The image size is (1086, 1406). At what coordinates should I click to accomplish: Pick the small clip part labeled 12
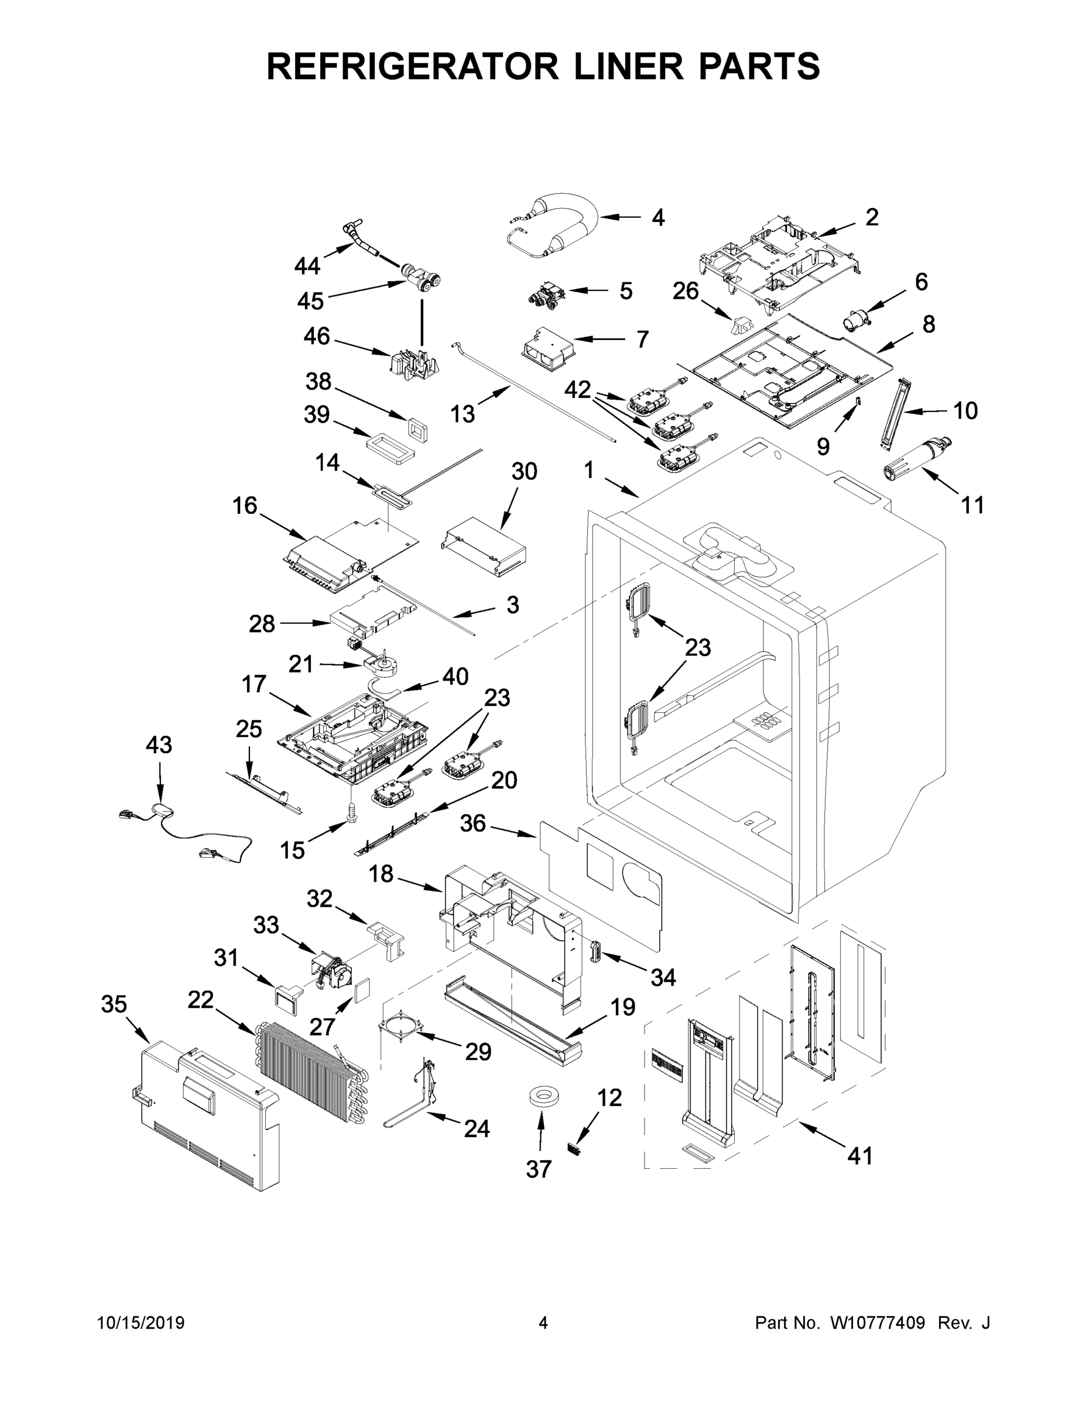573,1147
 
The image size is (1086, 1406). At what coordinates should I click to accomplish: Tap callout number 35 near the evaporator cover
115,1004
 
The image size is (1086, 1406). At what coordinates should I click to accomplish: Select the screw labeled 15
351,809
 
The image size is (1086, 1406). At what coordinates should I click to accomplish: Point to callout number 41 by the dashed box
859,1156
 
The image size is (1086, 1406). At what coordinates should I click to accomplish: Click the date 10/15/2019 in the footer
141,1323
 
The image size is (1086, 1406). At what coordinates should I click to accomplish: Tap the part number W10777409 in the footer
878,1323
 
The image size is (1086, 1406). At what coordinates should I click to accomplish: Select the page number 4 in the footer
543,1323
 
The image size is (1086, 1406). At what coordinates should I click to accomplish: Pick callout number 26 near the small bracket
685,291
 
